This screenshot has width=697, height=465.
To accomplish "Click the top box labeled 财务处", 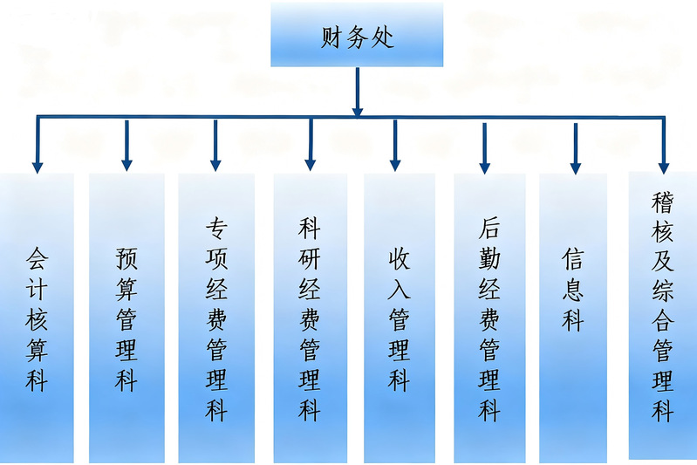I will tap(357, 35).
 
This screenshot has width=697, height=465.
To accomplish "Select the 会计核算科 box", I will tap(37, 318).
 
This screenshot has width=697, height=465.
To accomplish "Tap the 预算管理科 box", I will tap(126, 318).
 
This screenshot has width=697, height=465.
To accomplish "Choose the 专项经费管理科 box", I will tap(216, 318).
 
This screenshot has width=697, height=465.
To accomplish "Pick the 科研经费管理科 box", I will tap(310, 318).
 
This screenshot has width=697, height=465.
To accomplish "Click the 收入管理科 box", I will tap(399, 318).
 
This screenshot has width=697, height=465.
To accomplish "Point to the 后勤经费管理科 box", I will tap(489, 318).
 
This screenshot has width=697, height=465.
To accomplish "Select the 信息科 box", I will tap(573, 318).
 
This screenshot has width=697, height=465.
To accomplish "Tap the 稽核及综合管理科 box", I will tap(663, 314).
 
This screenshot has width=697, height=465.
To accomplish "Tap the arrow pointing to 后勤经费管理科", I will tap(485, 148).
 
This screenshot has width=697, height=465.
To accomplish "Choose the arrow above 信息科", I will tap(575, 148).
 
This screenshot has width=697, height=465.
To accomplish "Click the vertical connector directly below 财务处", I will tap(357, 91).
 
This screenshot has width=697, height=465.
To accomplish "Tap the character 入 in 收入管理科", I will tap(399, 289).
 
